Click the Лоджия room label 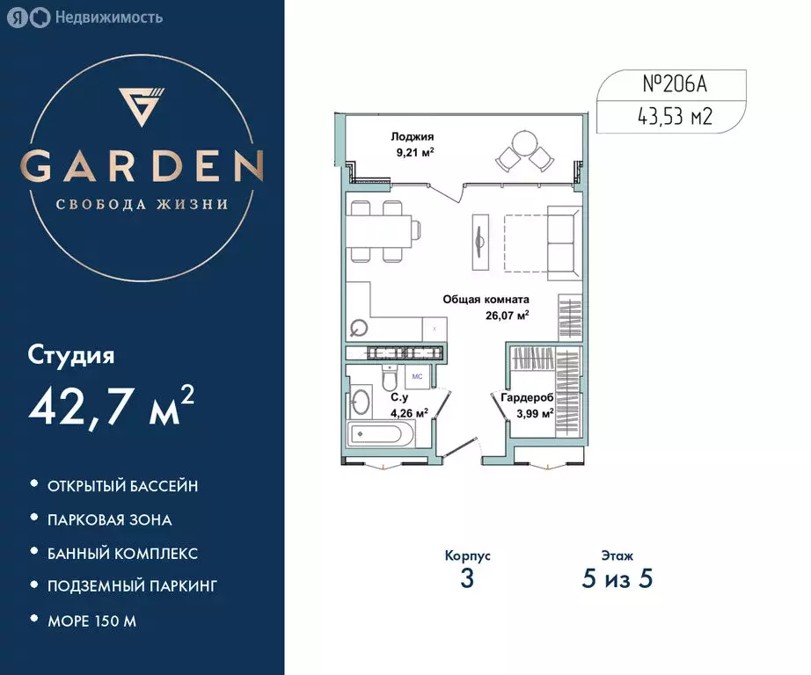[x=413, y=137]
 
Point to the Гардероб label [x=527, y=398]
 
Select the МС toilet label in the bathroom [x=418, y=376]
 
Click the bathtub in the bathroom [x=381, y=434]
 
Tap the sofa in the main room [x=563, y=240]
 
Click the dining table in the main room [x=380, y=231]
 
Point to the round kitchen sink [x=359, y=330]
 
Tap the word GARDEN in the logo [x=142, y=166]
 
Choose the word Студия [x=71, y=356]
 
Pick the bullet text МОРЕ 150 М [x=92, y=621]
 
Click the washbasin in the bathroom [x=361, y=404]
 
